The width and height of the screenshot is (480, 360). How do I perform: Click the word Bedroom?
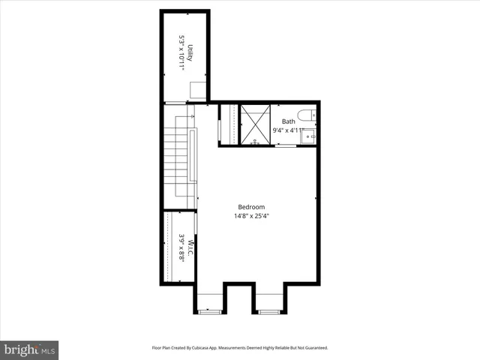point(251,207)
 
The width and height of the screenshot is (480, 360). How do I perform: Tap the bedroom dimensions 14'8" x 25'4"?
point(251,216)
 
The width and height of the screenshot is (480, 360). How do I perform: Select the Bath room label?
point(289,121)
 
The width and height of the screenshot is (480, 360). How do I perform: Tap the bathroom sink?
point(308,136)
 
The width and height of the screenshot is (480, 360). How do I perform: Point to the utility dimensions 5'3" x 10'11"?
point(181,53)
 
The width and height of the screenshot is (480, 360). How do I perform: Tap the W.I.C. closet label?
point(190,248)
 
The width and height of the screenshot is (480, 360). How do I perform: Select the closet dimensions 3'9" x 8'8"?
point(181,248)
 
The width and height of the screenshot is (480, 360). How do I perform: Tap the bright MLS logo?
point(30,349)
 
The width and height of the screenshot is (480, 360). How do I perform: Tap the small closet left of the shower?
point(229,124)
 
